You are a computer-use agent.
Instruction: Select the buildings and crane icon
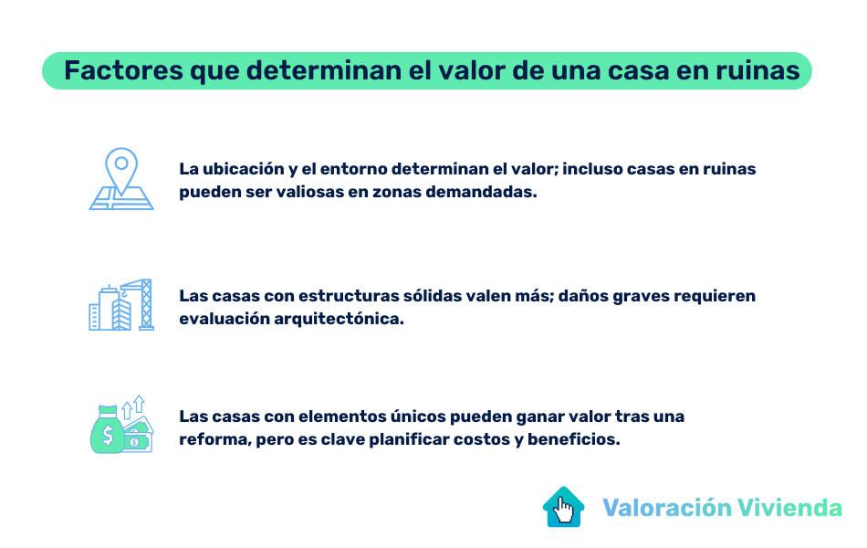[120, 305]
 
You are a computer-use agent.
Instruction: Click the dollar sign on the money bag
[108, 437]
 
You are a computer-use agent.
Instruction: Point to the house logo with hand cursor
[564, 507]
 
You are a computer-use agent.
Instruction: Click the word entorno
[350, 169]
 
